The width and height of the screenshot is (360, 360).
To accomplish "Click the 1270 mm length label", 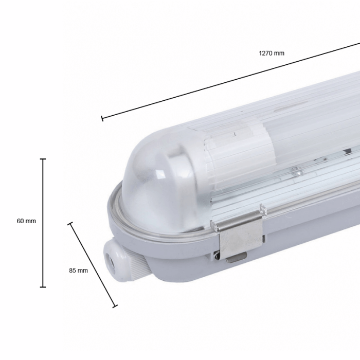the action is [x=272, y=53].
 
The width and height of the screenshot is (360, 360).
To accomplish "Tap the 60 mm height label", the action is [x=26, y=221].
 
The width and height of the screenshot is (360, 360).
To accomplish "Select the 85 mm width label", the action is [x=78, y=271].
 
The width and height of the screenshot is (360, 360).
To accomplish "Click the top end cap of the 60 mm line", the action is [x=43, y=159].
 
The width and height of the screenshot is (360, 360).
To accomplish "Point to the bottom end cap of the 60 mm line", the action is [x=43, y=287].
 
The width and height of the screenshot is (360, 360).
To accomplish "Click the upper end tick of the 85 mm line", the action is [x=70, y=223].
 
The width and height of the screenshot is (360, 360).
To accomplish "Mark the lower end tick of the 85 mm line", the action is [x=115, y=306].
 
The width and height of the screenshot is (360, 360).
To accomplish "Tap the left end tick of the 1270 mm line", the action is [x=102, y=118].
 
